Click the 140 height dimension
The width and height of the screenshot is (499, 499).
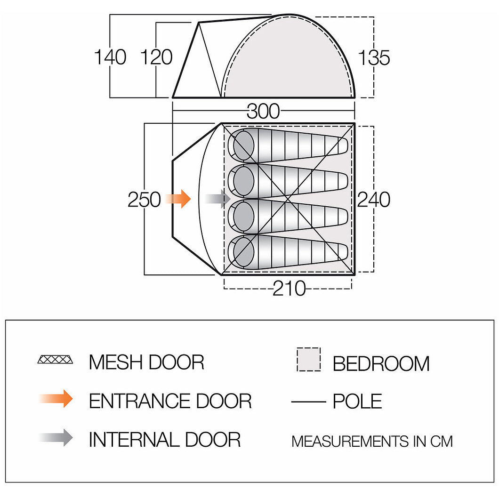[x=110, y=57]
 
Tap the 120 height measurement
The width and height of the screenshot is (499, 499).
[x=157, y=57]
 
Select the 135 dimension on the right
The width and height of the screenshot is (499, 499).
[x=374, y=58]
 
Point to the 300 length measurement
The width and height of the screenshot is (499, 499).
[x=263, y=111]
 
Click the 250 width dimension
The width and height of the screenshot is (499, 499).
[x=144, y=200]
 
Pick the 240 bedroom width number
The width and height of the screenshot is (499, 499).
[x=374, y=200]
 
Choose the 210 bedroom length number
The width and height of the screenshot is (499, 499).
[x=289, y=288]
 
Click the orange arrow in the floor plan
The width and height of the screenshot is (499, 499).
[x=177, y=199]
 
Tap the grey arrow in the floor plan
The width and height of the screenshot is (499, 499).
[x=217, y=199]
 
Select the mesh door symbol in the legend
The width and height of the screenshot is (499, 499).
[x=56, y=360]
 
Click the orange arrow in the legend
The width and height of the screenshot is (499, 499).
[x=56, y=398]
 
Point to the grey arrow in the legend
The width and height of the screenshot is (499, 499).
[x=56, y=438]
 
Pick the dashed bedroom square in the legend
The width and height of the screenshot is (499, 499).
[x=308, y=359]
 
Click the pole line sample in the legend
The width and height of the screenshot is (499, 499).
[x=308, y=402]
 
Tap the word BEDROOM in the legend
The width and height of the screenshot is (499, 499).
[x=381, y=363]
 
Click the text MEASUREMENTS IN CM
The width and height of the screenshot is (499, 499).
[x=372, y=442]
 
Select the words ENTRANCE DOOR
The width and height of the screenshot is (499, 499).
[x=170, y=401]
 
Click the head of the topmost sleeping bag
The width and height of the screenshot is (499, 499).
[x=244, y=145]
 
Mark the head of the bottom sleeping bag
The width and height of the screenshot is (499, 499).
[x=244, y=252]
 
